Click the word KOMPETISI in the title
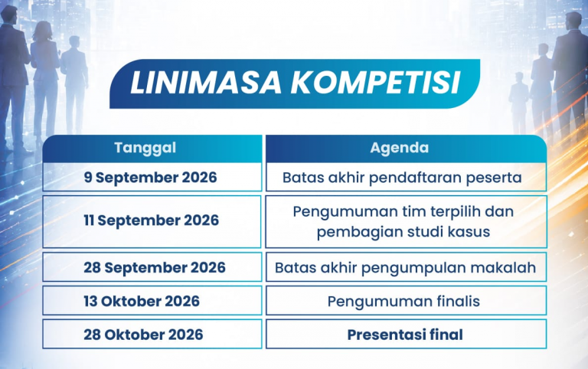[x=376, y=83]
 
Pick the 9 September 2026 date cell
[x=152, y=177]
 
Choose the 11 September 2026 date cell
[x=152, y=221]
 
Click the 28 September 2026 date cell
[x=152, y=267]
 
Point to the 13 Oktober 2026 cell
[x=152, y=301]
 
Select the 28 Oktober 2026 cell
[x=152, y=334]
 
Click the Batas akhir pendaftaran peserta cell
[x=406, y=177]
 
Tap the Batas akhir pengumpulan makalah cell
[x=406, y=267]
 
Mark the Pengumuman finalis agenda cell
[x=406, y=301]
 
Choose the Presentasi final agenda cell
[x=406, y=334]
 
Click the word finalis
[x=459, y=301]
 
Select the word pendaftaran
[x=416, y=178]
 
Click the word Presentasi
[x=384, y=335]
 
